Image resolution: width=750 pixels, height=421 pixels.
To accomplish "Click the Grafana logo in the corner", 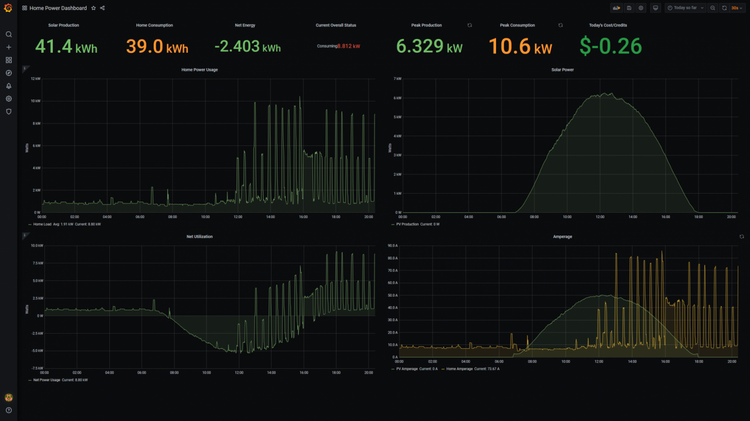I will [x=8, y=8].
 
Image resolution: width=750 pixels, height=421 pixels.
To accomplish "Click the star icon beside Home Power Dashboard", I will [x=94, y=8].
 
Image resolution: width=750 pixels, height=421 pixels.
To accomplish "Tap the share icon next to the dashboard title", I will [x=103, y=8].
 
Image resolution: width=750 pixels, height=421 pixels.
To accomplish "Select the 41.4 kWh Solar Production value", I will [x=66, y=47].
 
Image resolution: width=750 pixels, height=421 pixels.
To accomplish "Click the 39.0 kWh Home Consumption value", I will [x=157, y=47].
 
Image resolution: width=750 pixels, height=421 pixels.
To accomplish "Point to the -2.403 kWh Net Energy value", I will [x=248, y=47].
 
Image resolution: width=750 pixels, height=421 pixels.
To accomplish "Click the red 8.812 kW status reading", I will [x=349, y=46].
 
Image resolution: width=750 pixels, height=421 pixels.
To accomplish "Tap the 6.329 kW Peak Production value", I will [x=429, y=47].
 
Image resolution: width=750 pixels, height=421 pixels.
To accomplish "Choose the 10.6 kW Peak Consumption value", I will [x=520, y=47].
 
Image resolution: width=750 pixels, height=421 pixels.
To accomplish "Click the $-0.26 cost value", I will [x=610, y=47].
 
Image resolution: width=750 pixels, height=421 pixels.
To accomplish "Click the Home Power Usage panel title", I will [x=199, y=70].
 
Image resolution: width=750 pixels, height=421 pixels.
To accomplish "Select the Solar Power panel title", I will [x=562, y=70].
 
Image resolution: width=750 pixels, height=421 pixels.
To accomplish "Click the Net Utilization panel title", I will [x=199, y=237].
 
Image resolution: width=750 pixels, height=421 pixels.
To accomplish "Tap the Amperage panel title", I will [x=562, y=237].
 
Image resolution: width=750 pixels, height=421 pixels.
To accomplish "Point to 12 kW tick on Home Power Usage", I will [x=36, y=79].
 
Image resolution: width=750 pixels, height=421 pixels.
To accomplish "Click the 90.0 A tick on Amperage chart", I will [x=393, y=246].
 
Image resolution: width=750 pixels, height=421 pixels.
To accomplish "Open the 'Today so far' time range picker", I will [x=686, y=8].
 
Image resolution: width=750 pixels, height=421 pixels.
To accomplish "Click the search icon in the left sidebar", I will [x=9, y=35].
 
